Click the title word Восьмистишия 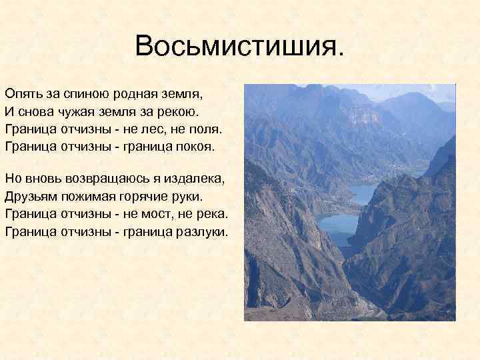pos(240,46)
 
